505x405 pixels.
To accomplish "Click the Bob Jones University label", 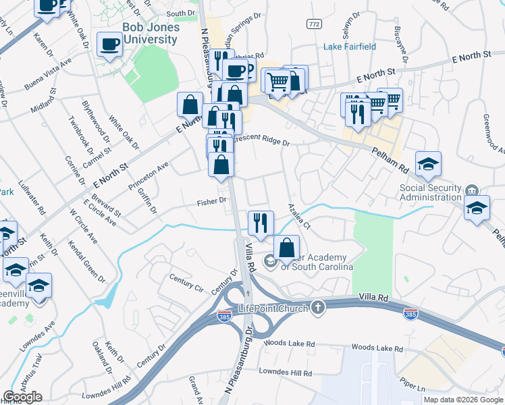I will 151,33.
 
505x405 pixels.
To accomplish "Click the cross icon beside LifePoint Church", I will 318,308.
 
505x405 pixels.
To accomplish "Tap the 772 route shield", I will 314,24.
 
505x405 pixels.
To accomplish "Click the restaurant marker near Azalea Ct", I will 261,221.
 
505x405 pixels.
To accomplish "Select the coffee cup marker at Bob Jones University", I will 110,45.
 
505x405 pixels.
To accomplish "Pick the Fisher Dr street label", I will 211,202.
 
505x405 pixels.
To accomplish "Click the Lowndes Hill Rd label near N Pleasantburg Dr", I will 287,372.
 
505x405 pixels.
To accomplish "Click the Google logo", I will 22,397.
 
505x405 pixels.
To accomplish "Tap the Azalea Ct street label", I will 298,216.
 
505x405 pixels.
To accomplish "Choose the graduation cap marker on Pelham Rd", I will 427,163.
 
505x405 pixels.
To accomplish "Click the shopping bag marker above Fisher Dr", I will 221,164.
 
